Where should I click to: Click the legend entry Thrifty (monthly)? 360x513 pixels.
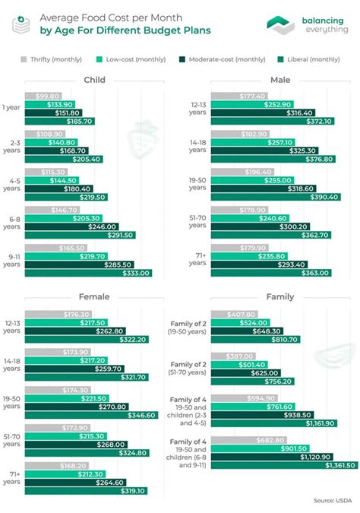pos(52,59)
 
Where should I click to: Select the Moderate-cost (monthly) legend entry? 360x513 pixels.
pos(216,59)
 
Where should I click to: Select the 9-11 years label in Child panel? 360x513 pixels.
pos(13,260)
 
